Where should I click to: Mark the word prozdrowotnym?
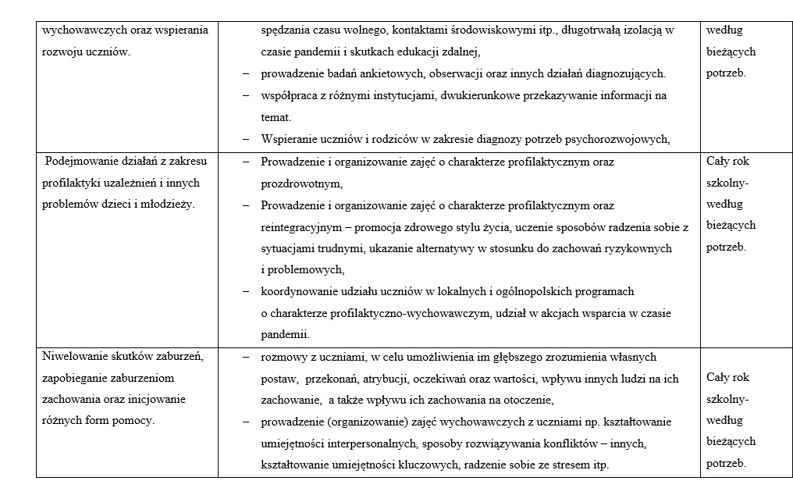(x=301, y=184)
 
